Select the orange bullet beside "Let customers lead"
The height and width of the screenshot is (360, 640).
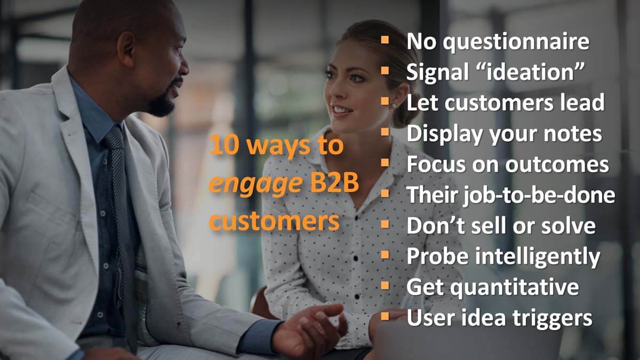coord(385,101)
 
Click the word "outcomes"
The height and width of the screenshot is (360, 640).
coord(557,165)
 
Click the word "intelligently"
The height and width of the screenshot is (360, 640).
coord(538,257)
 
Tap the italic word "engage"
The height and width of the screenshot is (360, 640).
coord(255,185)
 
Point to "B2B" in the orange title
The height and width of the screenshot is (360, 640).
coord(334,183)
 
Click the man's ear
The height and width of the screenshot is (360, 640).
coord(126,49)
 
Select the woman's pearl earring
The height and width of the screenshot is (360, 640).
coord(395,106)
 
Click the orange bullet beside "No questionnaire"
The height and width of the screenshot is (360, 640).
coord(385,39)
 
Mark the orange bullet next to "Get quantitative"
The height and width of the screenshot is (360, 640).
coord(385,285)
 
